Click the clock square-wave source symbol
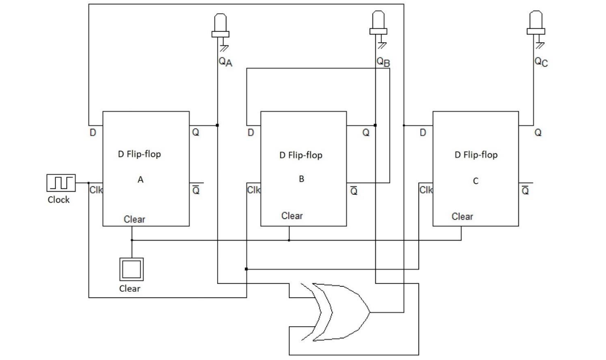pos(61,183)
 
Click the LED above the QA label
pos(220,25)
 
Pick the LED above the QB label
pos(379,23)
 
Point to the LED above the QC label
pos(536,23)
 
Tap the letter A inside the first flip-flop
pos(140,180)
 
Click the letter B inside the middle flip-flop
pos(301,179)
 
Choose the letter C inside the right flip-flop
pos(475,181)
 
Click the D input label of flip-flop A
pos(93,133)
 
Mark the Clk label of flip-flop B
pos(253,190)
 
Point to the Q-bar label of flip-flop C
pos(525,190)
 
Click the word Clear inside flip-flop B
pos(292,216)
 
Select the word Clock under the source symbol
pos(59,200)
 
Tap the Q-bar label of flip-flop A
pos(196,190)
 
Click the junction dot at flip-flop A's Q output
pos(218,125)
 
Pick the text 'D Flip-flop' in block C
pos(476,155)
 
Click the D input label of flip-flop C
pos(423,133)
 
